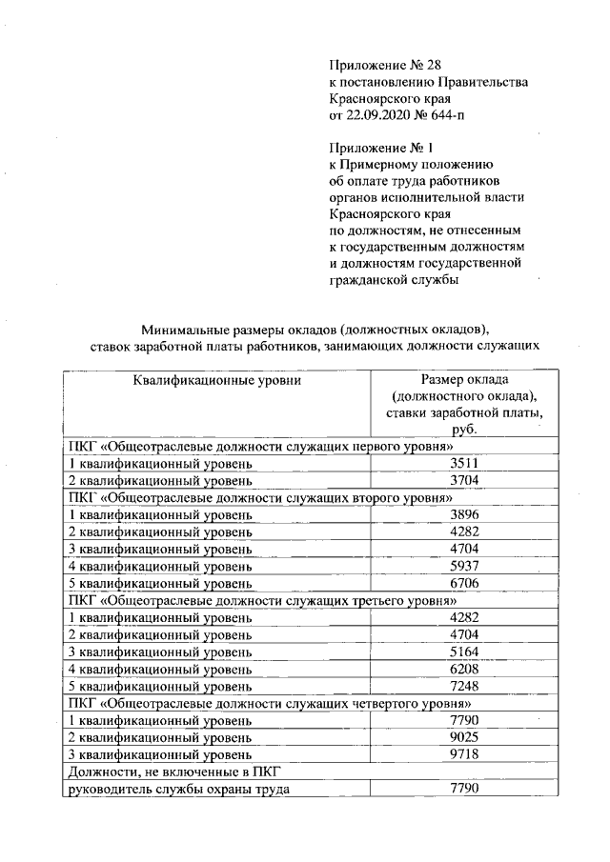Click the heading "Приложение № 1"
(376, 149)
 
